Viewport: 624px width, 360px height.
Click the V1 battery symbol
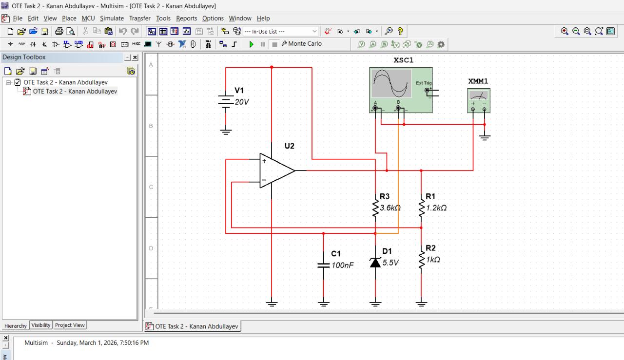click(226, 101)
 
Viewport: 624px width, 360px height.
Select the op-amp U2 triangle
click(276, 171)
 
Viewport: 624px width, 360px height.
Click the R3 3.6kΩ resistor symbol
click(375, 208)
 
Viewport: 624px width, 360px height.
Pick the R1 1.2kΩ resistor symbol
click(421, 208)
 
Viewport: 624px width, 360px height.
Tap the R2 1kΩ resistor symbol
click(421, 260)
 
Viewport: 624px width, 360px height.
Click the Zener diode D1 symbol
click(375, 263)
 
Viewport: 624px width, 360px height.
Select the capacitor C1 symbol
click(323, 265)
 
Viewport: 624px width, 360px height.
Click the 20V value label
click(242, 102)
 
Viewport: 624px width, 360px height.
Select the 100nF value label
click(342, 265)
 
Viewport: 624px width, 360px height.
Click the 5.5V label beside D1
click(390, 263)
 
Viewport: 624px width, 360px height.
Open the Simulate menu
click(112, 18)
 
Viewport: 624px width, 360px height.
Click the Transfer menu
click(139, 18)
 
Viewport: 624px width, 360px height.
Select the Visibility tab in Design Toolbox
click(41, 325)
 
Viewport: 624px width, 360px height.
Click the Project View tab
click(70, 325)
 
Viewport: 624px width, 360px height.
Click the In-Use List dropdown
click(281, 31)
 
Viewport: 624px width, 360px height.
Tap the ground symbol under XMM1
click(484, 137)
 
